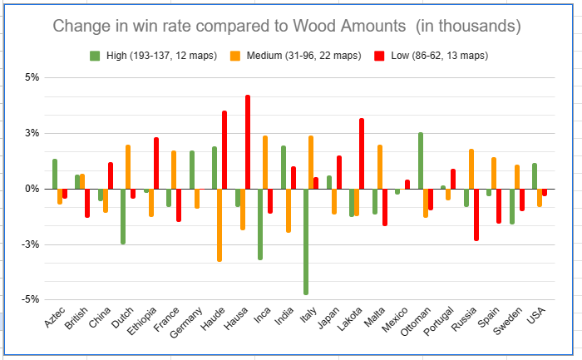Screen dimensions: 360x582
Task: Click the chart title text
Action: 287,26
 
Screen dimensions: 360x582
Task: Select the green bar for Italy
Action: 306,241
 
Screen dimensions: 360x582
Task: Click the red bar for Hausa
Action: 248,142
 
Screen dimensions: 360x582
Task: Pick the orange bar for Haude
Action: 219,224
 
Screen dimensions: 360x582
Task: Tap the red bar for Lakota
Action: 362,154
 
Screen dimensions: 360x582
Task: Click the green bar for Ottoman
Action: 421,160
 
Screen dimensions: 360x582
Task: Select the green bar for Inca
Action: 260,224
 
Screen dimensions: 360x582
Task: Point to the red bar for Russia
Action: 476,215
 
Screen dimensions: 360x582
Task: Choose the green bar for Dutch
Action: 123,216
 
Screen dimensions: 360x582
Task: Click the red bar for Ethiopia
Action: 156,163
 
